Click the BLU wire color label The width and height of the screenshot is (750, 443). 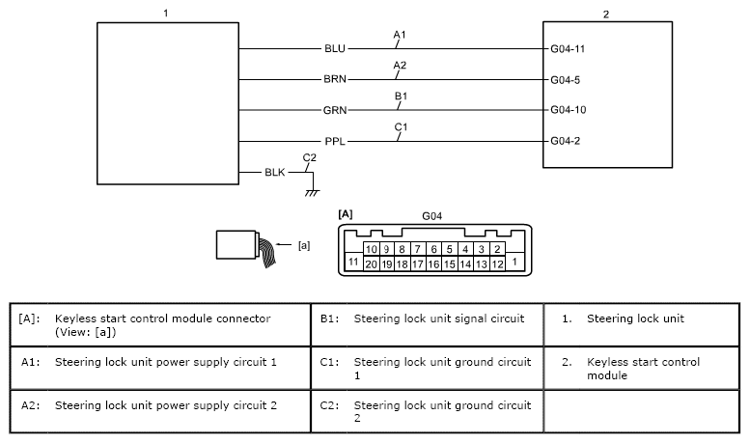click(335, 47)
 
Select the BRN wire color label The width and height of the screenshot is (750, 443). click(335, 79)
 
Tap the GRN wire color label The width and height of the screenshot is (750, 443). click(335, 110)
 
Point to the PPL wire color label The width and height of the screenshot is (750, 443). click(335, 142)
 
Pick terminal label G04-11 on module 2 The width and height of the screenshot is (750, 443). click(569, 47)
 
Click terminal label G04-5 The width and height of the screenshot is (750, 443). click(566, 79)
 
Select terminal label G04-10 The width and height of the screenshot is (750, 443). click(569, 110)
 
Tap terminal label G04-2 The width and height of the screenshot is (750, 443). click(566, 142)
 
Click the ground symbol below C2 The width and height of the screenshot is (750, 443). click(311, 192)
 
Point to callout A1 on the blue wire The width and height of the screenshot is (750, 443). click(400, 35)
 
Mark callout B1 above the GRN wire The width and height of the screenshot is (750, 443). click(400, 97)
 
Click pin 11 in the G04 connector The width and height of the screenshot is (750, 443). click(353, 262)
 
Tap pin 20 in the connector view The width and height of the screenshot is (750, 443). click(372, 263)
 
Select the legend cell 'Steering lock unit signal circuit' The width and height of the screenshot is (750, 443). click(439, 318)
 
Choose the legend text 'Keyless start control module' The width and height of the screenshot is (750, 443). click(643, 369)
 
